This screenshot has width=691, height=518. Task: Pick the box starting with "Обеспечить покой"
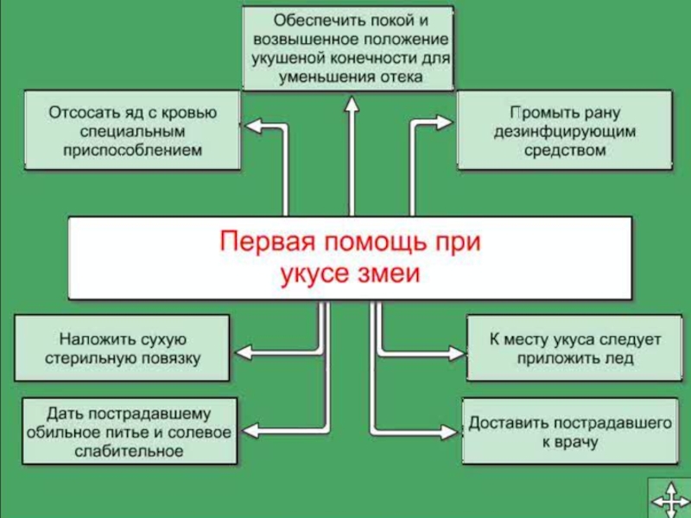pos(350,47)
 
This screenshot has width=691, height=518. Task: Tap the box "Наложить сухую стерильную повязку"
pos(123,348)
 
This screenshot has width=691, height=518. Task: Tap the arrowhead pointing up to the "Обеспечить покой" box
pos(351,104)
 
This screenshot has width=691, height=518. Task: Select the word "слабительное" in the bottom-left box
pos(130,450)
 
